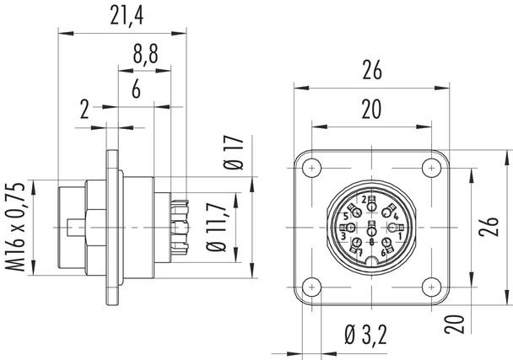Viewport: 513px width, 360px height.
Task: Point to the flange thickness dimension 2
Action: (85, 109)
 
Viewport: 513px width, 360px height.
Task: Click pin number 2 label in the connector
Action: (364, 200)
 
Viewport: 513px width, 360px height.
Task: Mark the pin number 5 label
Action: (346, 217)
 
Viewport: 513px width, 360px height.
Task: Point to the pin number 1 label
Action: (398, 236)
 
